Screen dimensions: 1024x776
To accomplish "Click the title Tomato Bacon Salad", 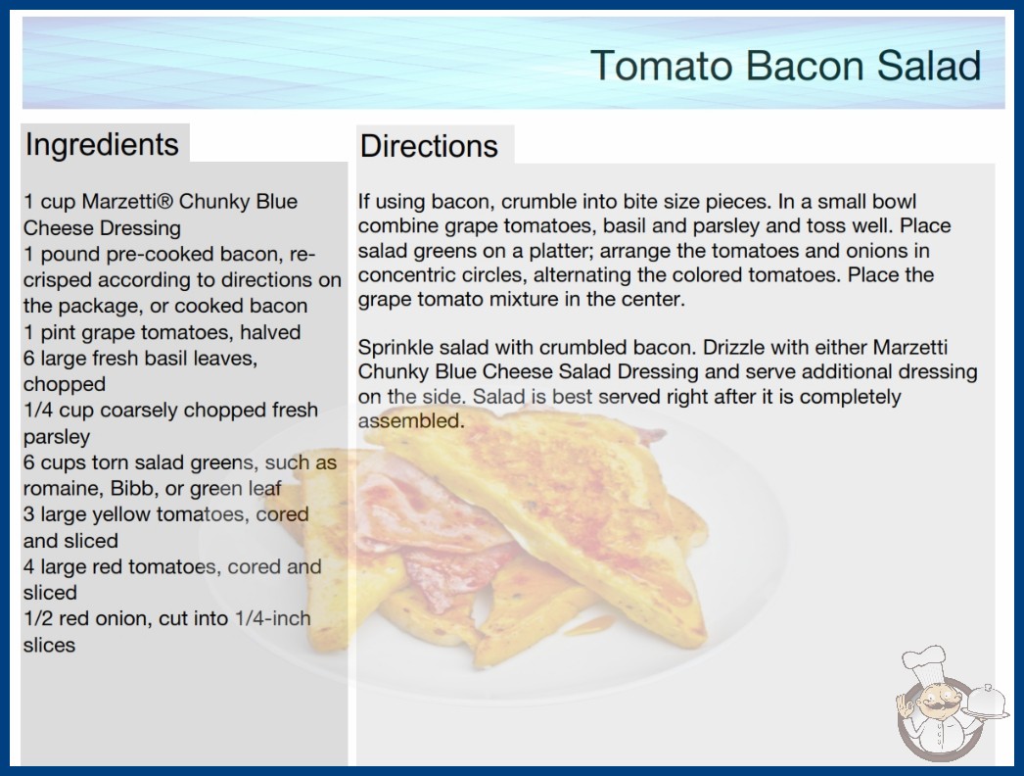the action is [x=786, y=66].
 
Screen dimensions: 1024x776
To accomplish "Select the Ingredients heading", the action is [x=102, y=145].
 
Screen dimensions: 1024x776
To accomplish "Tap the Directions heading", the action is [x=429, y=146].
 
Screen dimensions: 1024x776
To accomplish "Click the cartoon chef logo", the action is [x=951, y=703].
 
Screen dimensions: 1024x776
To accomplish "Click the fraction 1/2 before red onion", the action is [x=38, y=618].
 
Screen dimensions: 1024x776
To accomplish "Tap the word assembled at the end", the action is [x=411, y=420].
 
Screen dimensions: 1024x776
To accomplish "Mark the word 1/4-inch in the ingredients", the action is [x=272, y=618].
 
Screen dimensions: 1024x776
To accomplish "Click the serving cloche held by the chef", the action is [x=988, y=703].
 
